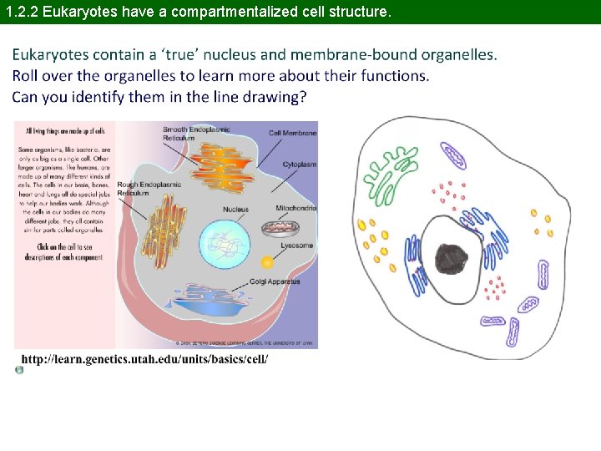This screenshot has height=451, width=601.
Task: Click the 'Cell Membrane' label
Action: tap(293, 133)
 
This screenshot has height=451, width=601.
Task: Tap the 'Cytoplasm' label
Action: tap(300, 165)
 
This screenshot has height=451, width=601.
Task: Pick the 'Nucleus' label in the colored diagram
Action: tap(235, 209)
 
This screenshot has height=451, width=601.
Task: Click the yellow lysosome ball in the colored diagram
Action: tap(267, 261)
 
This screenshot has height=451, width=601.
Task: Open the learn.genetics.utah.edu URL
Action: tap(144, 358)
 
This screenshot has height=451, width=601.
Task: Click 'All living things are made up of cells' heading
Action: tap(65, 131)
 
